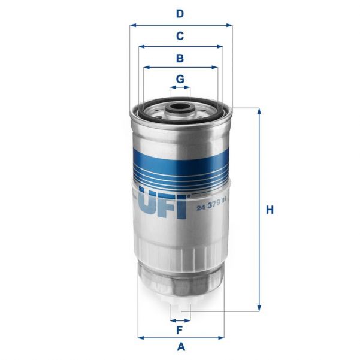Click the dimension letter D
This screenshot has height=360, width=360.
(180, 14)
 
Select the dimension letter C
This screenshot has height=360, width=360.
(180, 36)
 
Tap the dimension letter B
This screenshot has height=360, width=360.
(180, 58)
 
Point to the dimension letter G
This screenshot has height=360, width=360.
(180, 78)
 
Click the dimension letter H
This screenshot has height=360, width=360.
(270, 210)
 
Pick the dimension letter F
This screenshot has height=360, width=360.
(180, 329)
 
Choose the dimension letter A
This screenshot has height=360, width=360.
(180, 347)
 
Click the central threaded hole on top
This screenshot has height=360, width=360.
(180, 109)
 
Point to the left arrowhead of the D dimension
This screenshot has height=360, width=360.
(132, 25)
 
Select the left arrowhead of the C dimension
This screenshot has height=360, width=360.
(141, 46)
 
